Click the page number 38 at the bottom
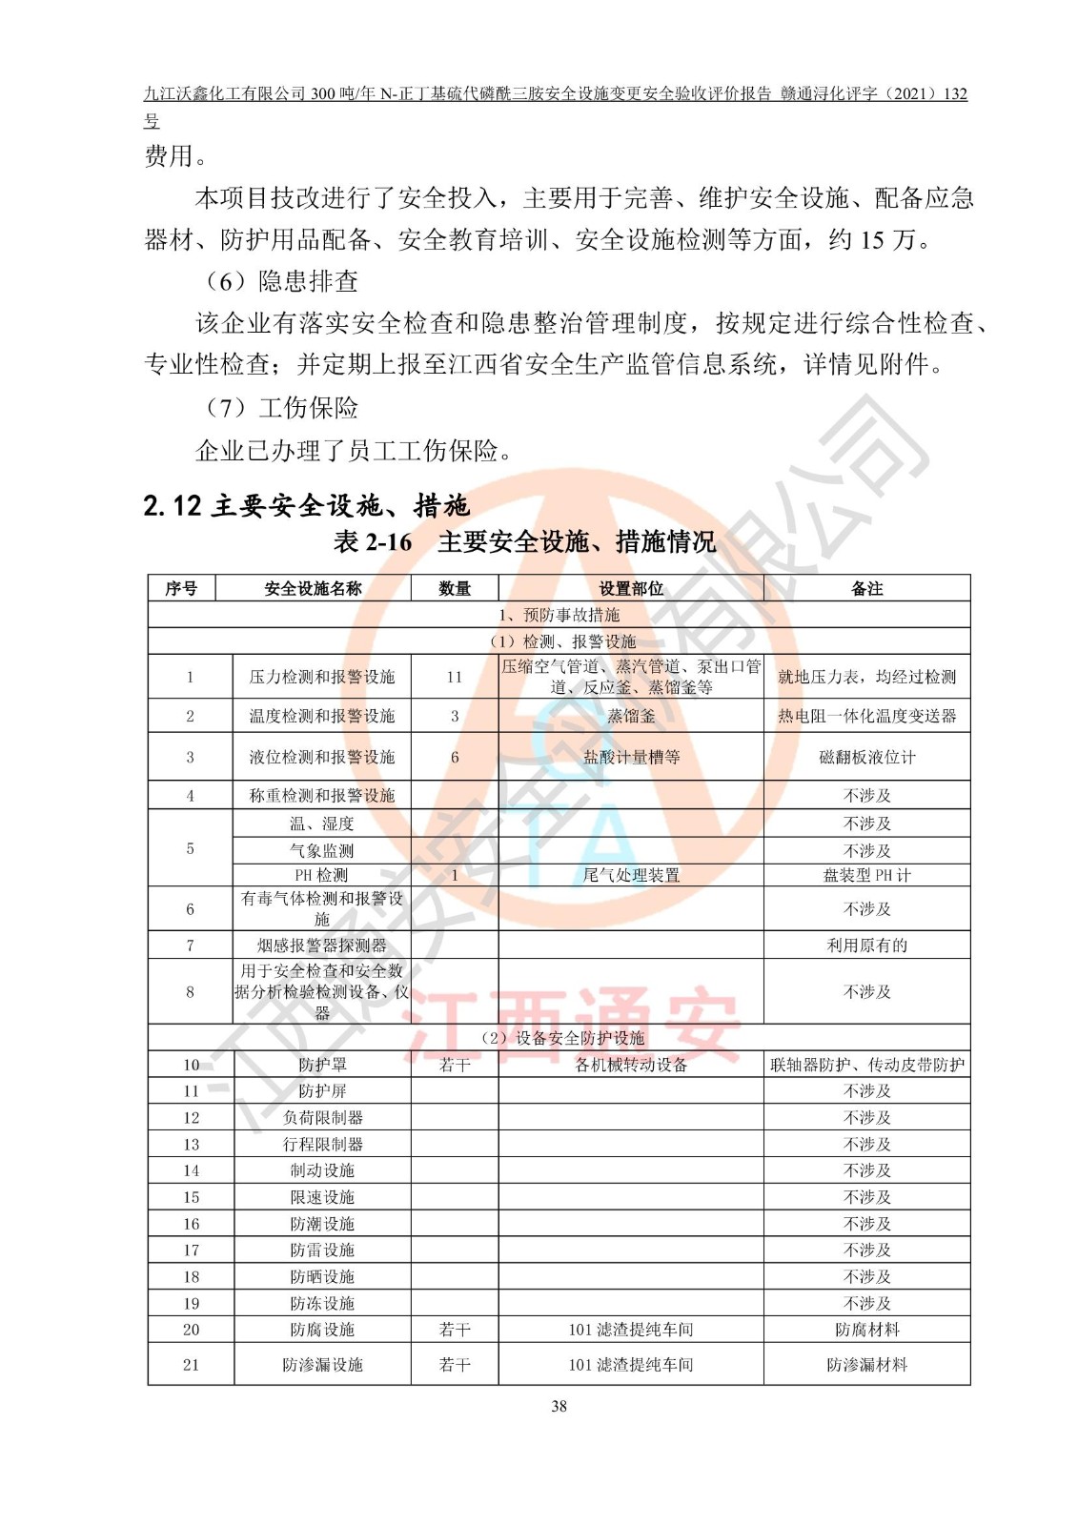[559, 1406]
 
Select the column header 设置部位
[630, 589]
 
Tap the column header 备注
[866, 589]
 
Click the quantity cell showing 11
[454, 677]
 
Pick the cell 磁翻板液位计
[866, 758]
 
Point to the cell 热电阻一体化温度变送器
[866, 716]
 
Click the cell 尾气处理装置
[630, 875]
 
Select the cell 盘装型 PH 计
[866, 875]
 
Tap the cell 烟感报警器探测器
[321, 945]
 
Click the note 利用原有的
[866, 945]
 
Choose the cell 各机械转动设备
[630, 1065]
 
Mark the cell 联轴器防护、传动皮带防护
[866, 1065]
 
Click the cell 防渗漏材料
[866, 1365]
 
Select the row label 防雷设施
[321, 1250]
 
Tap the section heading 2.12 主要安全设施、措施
[306, 505]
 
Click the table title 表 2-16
[373, 542]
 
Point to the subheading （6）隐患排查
[281, 281]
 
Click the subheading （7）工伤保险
[281, 408]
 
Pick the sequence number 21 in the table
[191, 1365]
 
